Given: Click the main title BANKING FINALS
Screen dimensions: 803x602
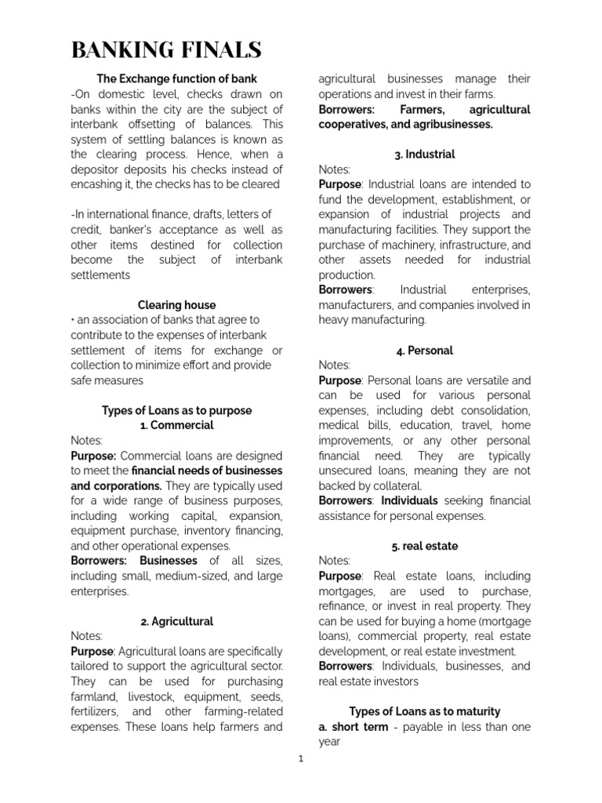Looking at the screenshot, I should pyautogui.click(x=166, y=50).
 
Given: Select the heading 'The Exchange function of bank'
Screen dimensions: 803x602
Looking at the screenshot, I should pyautogui.click(x=176, y=79).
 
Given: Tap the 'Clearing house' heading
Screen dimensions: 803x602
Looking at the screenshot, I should pyautogui.click(x=176, y=305).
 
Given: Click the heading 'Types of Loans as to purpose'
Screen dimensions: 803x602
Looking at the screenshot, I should pyautogui.click(x=176, y=410).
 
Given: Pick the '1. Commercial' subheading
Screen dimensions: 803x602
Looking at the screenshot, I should pyautogui.click(x=176, y=426).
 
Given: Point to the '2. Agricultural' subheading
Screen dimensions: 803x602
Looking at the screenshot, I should pyautogui.click(x=176, y=621).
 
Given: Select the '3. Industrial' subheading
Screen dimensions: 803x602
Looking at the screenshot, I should pyautogui.click(x=425, y=154).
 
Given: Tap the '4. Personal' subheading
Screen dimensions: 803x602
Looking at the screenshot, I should pyautogui.click(x=425, y=351).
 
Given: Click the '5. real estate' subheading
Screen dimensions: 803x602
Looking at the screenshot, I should pyautogui.click(x=425, y=546).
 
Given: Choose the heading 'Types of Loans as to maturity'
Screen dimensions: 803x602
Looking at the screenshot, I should pyautogui.click(x=425, y=711).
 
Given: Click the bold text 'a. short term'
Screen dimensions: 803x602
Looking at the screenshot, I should pyautogui.click(x=354, y=727).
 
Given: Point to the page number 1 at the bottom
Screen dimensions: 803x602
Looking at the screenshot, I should pyautogui.click(x=300, y=760).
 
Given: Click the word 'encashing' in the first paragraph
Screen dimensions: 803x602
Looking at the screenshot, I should pyautogui.click(x=97, y=185).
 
